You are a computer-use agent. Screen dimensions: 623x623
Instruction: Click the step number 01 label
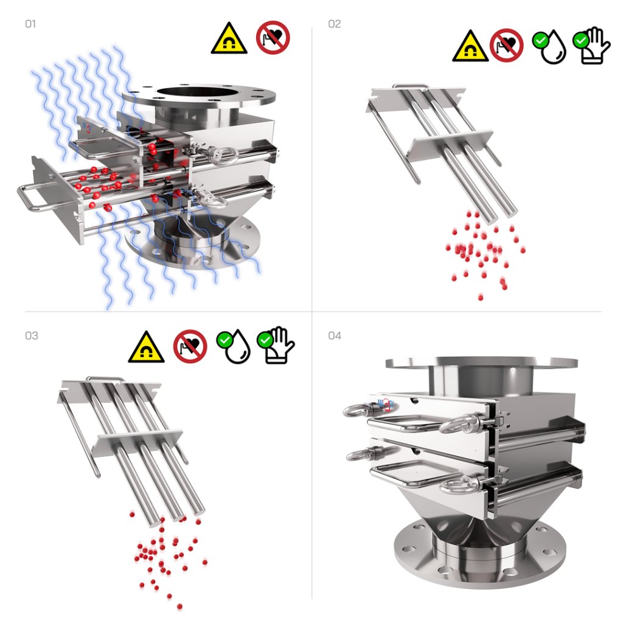point(30,24)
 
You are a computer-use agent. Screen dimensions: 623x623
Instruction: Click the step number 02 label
point(334,24)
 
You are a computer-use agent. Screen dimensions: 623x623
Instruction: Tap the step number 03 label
point(32,336)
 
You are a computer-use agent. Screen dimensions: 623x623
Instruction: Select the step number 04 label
point(334,336)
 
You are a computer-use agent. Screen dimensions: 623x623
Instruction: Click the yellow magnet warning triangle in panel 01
point(229,39)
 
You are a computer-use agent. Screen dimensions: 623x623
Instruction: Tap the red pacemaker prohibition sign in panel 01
point(273,38)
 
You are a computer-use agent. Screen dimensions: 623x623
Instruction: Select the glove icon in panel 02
point(591,46)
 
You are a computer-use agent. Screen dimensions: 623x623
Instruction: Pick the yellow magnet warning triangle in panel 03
point(146,347)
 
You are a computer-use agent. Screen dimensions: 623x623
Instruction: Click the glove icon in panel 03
point(276,345)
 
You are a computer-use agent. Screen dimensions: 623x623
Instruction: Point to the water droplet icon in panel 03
point(234,346)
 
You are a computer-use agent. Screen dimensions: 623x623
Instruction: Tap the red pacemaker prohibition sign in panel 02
point(507,45)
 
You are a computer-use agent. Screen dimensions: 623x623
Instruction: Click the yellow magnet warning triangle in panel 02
point(470,46)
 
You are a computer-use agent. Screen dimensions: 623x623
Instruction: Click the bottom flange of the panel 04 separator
point(480,556)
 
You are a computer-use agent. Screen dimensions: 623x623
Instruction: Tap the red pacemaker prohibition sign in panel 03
point(190,346)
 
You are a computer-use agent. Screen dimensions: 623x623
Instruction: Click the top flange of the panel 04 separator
point(481,363)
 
